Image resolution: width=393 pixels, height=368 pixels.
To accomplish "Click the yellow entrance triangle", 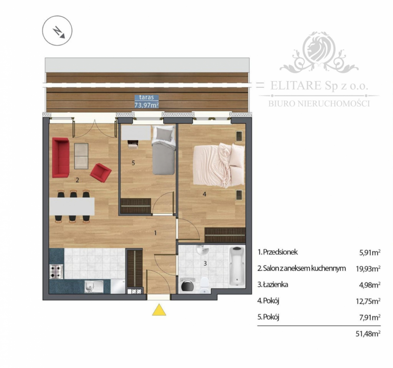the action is coord(159,310).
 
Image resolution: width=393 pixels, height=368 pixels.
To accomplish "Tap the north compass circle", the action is coord(57,31).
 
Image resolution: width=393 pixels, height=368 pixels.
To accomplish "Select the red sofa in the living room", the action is coord(61,157).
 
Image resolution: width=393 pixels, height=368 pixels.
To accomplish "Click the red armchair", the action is coord(101,172).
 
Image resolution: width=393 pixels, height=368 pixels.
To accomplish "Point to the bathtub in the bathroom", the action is coord(237,266).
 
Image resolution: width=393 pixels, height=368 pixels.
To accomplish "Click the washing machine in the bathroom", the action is coord(187,285).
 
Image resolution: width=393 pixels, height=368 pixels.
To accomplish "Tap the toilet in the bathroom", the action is coord(205,285).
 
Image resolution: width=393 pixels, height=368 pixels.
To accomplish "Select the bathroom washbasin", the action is coord(203,250).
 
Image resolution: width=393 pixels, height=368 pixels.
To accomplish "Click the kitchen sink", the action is coord(94,287).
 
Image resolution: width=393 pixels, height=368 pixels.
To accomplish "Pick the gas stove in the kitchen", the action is coord(56,272).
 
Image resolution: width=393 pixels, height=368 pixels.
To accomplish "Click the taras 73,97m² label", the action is coord(147,101).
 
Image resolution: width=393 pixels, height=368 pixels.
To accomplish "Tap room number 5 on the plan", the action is coord(133,163).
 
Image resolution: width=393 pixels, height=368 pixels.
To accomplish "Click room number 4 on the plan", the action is coord(205,194).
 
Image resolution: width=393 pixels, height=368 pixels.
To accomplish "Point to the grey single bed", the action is coord(163,150).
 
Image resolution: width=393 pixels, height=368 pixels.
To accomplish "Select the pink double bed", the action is coord(219,165).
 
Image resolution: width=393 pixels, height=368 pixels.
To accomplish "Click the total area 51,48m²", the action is coord(368,334).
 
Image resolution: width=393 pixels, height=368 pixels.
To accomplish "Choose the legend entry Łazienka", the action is coord(273,285).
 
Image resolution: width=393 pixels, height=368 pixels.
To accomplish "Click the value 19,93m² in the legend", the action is coord(368,269).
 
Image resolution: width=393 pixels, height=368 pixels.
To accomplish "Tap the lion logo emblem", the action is coord(319,52).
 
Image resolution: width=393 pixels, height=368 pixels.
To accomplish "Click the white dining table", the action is coord(72,206).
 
